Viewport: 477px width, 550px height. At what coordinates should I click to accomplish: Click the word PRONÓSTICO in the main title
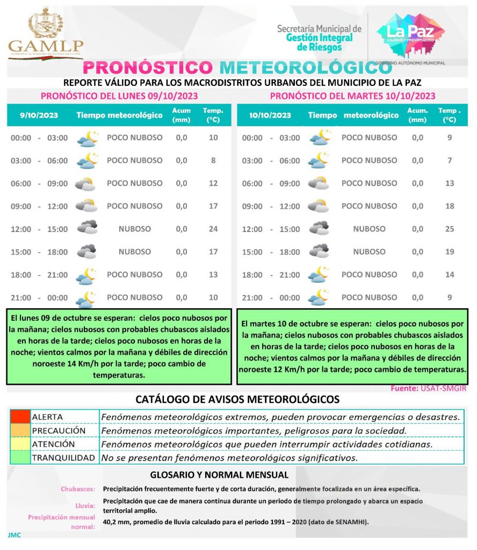point(148,68)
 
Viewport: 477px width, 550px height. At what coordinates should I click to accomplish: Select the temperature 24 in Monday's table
point(213,229)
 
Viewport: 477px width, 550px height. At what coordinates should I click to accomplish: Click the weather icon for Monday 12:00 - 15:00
point(87,228)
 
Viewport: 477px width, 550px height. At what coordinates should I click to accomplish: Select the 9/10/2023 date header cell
point(39,115)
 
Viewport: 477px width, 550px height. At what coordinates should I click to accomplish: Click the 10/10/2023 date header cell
point(270,115)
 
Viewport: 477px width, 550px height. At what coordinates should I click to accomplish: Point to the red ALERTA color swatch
point(20,417)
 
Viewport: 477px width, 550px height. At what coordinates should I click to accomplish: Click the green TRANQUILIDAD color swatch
point(20,458)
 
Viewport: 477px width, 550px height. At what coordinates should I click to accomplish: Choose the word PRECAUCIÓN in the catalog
point(59,431)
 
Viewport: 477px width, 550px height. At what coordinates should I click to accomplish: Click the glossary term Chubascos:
point(78,489)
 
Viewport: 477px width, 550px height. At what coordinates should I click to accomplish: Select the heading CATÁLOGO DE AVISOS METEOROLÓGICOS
point(237,400)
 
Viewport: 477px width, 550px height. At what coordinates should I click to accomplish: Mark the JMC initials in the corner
point(15,535)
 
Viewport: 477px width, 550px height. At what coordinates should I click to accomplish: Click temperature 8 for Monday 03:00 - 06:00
point(213,161)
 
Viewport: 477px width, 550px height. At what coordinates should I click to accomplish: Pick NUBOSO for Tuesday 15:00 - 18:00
point(369,251)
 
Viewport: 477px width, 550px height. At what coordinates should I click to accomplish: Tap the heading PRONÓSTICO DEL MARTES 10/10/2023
point(352,96)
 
